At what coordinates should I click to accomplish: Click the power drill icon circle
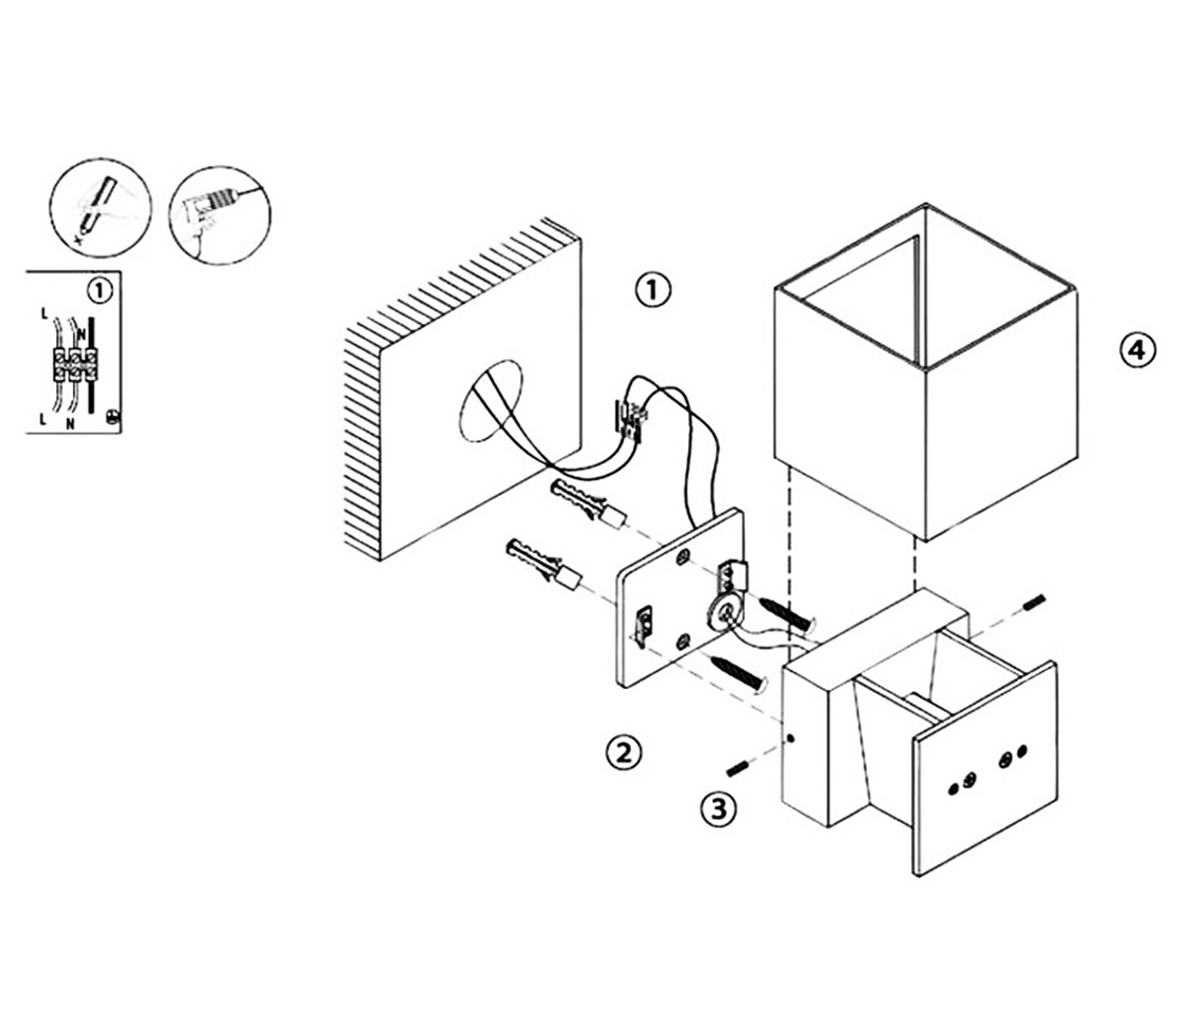click(x=220, y=215)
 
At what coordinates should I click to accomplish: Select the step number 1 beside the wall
click(x=653, y=290)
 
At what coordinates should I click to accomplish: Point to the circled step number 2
click(x=623, y=753)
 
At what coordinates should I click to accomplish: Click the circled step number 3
click(x=718, y=809)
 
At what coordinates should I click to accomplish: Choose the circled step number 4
click(x=1137, y=349)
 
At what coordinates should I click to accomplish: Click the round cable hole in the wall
click(x=490, y=401)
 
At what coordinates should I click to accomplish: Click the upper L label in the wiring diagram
click(x=44, y=314)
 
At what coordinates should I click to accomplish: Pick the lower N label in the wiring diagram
click(x=70, y=424)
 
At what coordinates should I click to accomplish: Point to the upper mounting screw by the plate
click(x=786, y=615)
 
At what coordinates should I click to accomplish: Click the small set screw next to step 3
click(x=738, y=769)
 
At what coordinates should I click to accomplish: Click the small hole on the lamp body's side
click(x=791, y=738)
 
